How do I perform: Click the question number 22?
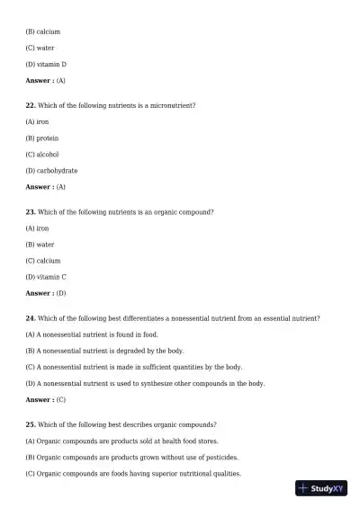[x=31, y=106]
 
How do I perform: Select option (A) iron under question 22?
[x=37, y=122]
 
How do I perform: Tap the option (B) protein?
[x=41, y=138]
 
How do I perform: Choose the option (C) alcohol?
[x=42, y=155]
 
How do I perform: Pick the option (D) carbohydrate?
[x=51, y=171]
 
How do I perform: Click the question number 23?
[x=31, y=212]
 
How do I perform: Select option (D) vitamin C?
[x=46, y=277]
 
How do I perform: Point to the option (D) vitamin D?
[x=46, y=65]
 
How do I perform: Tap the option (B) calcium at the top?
[x=42, y=32]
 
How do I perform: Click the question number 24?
[x=31, y=318]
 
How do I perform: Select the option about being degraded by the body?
[x=104, y=351]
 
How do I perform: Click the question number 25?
[x=31, y=424]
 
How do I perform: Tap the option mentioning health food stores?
[x=121, y=441]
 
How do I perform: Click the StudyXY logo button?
[x=321, y=488]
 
